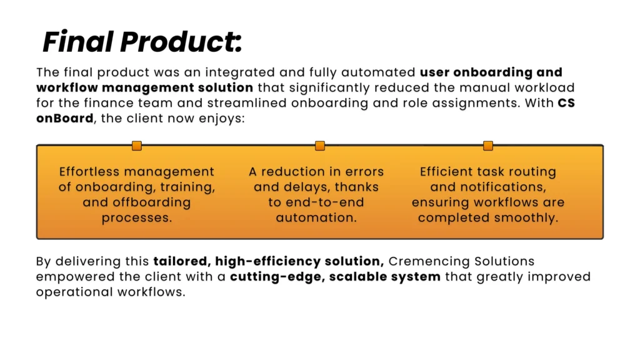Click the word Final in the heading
pyautogui.click(x=77, y=42)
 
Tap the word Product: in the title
pyautogui.click(x=181, y=42)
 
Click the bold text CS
pyautogui.click(x=566, y=103)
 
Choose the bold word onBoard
pyautogui.click(x=65, y=118)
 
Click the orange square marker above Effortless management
pyautogui.click(x=137, y=146)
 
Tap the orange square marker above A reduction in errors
pyautogui.click(x=320, y=146)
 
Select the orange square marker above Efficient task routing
pyautogui.click(x=488, y=146)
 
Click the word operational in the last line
pyautogui.click(x=74, y=292)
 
